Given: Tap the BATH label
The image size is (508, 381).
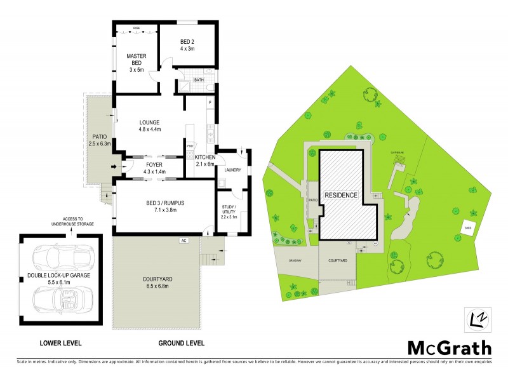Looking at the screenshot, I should click(x=199, y=80).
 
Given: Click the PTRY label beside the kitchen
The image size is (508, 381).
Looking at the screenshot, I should click(x=189, y=146).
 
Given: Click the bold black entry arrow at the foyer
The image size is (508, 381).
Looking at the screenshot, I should click(x=115, y=168).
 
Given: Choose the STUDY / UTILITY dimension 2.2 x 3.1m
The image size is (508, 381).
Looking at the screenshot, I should click(x=229, y=217).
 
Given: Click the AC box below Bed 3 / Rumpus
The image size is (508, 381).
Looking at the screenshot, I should click(x=183, y=241).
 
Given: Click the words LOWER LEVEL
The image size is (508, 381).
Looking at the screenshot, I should click(x=60, y=344).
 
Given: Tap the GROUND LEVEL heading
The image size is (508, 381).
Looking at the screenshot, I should click(x=181, y=344).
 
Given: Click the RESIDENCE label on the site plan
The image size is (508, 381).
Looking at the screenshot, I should click(x=342, y=194).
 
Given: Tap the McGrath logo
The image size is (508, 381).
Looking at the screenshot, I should click(x=448, y=348).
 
